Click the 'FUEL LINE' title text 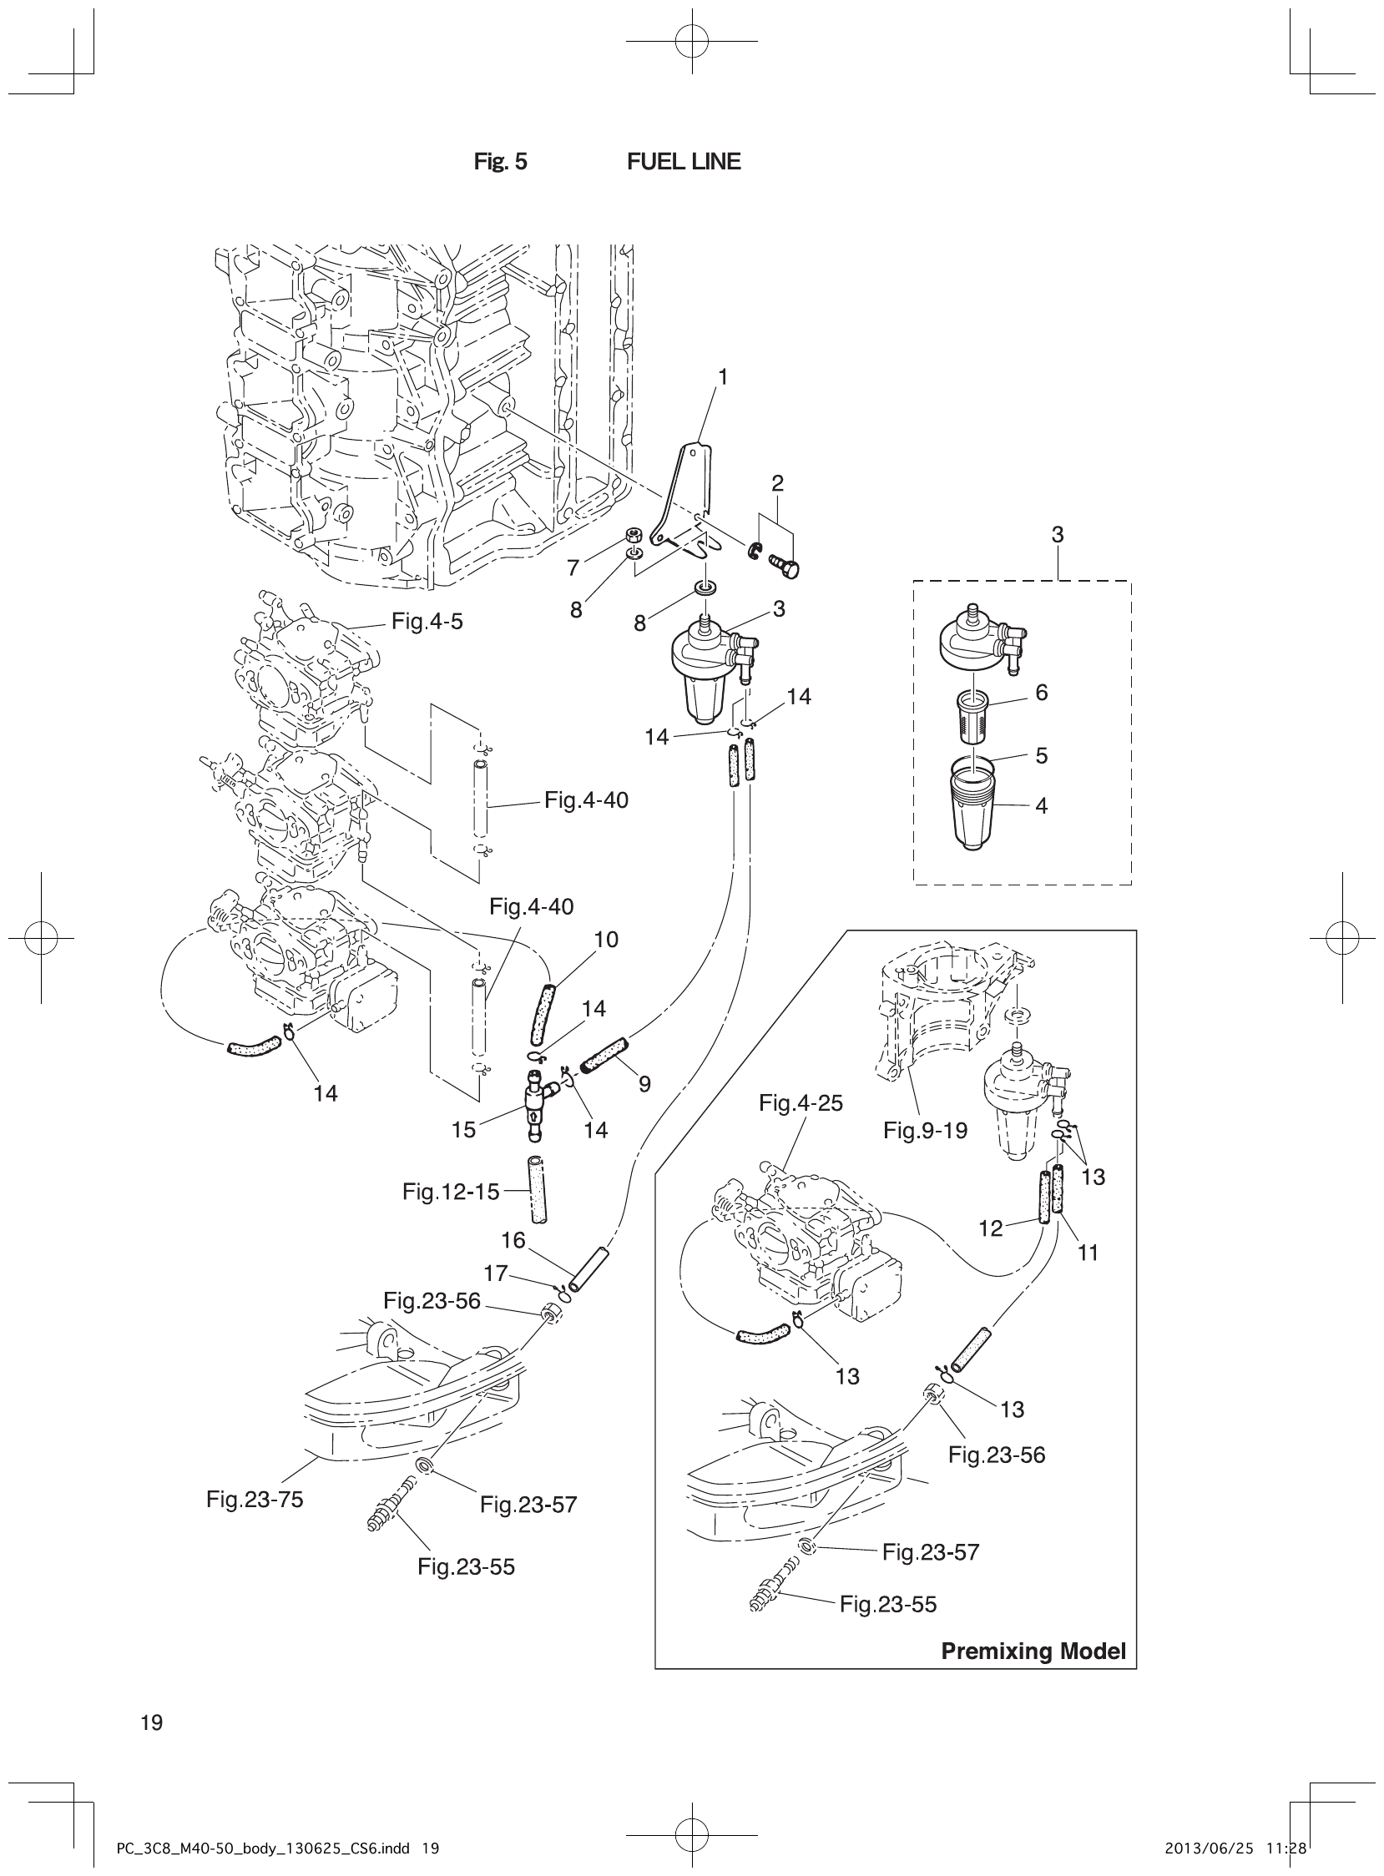(684, 162)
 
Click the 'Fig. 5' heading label (500, 162)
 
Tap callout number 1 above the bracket (722, 378)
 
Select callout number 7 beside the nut (573, 567)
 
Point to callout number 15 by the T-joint (463, 1130)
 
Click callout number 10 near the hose (606, 940)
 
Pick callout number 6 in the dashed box (1042, 693)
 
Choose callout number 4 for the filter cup (1042, 805)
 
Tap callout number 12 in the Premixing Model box (990, 1228)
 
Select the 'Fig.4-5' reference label (427, 622)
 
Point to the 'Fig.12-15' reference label (451, 1191)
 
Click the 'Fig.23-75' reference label (255, 1499)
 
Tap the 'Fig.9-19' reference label (925, 1131)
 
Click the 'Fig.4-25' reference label (800, 1103)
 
